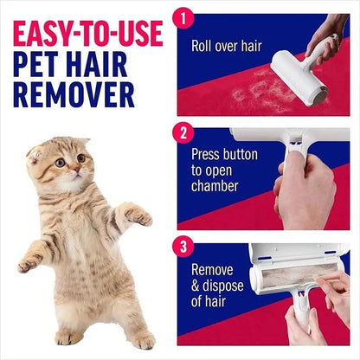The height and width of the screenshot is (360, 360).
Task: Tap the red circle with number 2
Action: point(183,133)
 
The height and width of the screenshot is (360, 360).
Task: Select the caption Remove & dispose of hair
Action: point(219,286)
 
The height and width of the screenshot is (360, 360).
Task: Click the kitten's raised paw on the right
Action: point(138,216)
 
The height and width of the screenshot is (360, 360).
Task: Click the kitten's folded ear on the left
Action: point(35,154)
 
